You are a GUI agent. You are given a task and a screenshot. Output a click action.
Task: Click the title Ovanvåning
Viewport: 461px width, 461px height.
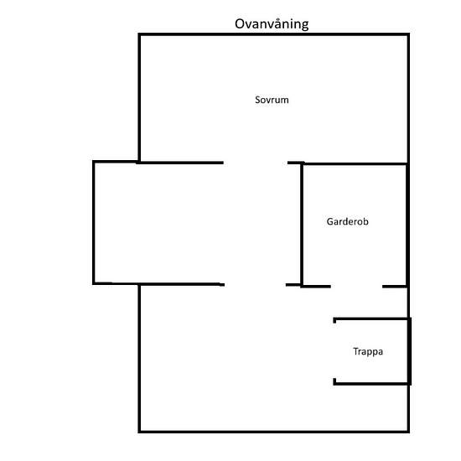point(272,24)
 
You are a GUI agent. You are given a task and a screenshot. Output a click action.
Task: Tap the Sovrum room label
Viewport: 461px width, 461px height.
point(272,100)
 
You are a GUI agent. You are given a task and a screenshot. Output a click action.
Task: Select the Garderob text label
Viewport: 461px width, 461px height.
point(348,221)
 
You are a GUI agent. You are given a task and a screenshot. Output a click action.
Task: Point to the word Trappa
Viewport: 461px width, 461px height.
point(368,351)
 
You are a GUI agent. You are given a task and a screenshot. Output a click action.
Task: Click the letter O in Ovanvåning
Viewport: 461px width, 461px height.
point(240,24)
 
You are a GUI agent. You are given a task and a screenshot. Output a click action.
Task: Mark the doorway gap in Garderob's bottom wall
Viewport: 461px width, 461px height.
point(356,287)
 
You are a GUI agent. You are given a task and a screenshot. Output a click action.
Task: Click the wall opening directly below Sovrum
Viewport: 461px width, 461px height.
point(256,163)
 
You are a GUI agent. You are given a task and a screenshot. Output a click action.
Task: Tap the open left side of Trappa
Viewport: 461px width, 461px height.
point(334,351)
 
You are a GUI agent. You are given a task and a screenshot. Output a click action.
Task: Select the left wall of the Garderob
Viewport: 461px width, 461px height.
point(302,225)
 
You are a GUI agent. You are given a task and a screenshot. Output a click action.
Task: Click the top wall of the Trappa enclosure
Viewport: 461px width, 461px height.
point(371,319)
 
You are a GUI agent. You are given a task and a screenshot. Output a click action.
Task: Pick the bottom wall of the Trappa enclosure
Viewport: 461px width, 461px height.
point(371,383)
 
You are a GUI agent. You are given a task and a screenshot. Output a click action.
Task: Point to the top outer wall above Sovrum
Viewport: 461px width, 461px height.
point(274,34)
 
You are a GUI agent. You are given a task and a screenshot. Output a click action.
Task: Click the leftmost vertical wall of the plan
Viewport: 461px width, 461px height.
point(94,223)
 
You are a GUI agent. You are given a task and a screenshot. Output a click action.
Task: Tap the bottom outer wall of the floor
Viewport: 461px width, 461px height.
point(274,432)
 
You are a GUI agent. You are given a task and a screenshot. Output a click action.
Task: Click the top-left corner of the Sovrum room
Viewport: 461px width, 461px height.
point(139,34)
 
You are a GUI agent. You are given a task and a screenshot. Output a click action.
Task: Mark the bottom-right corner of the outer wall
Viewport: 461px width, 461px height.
point(408,432)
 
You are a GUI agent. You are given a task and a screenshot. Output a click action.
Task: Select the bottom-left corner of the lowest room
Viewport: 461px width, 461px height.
point(139,432)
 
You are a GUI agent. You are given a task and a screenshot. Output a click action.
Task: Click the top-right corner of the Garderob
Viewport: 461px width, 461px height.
point(407,163)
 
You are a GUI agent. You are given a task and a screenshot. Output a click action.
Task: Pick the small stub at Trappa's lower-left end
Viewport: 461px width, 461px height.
point(334,381)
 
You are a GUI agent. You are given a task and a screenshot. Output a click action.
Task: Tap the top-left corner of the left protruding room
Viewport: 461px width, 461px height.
point(94,162)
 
